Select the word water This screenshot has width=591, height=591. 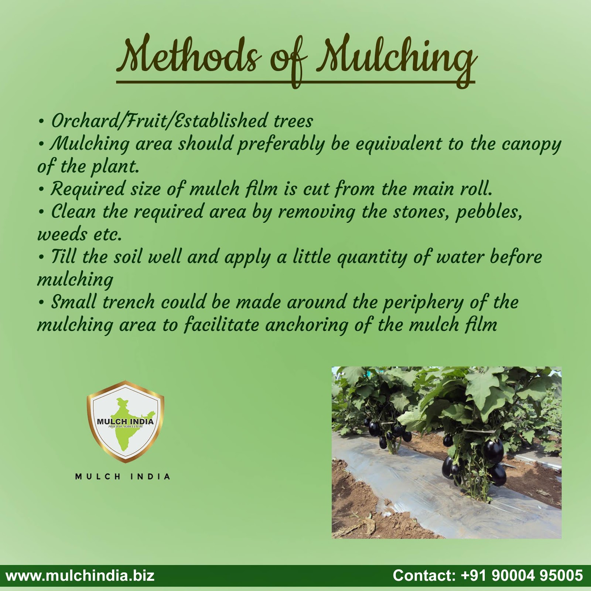460,257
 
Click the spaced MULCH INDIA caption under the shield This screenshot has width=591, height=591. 123,477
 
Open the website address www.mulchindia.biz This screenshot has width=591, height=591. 80,575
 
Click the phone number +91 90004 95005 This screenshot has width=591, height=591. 522,575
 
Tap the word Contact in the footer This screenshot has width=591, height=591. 424,575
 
